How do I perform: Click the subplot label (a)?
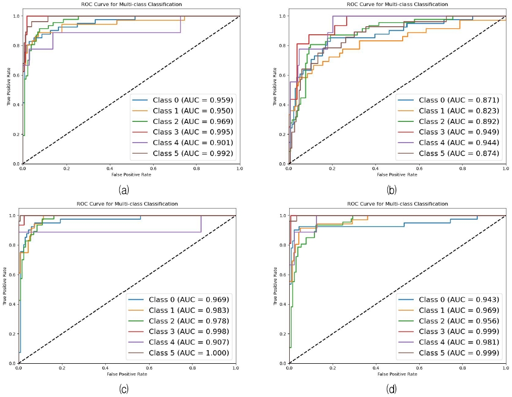[x=123, y=190]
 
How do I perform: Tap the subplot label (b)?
[x=391, y=190]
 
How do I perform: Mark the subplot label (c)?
[x=123, y=388]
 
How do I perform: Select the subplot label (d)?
[x=391, y=388]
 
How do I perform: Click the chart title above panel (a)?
[x=132, y=4]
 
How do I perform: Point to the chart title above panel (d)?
[x=397, y=204]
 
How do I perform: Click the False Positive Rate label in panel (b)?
[x=397, y=174]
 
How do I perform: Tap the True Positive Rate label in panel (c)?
[x=5, y=289]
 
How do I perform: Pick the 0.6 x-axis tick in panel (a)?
[x=153, y=169]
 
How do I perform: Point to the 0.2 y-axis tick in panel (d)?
[x=282, y=334]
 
